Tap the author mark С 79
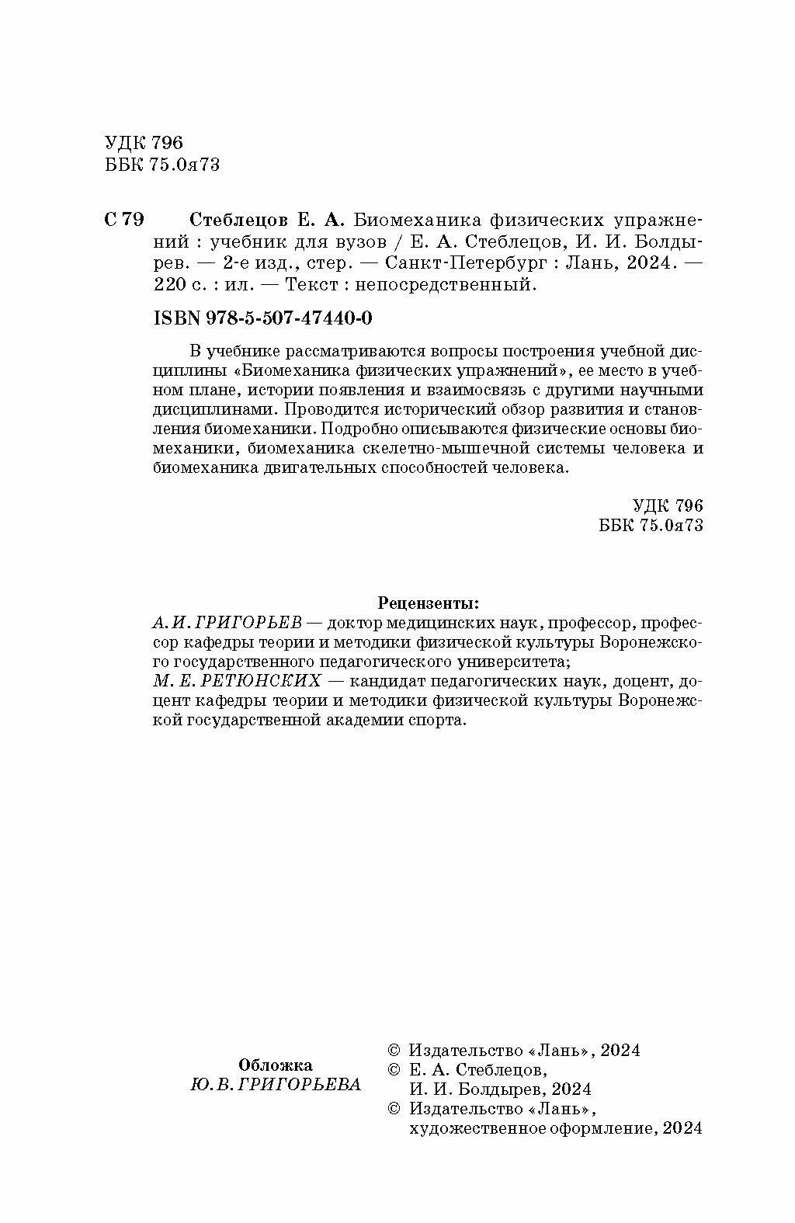click(123, 220)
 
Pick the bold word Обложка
click(276, 1065)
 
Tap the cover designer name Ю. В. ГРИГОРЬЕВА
click(276, 1085)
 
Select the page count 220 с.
click(176, 285)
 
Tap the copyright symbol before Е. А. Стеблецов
click(394, 1069)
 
